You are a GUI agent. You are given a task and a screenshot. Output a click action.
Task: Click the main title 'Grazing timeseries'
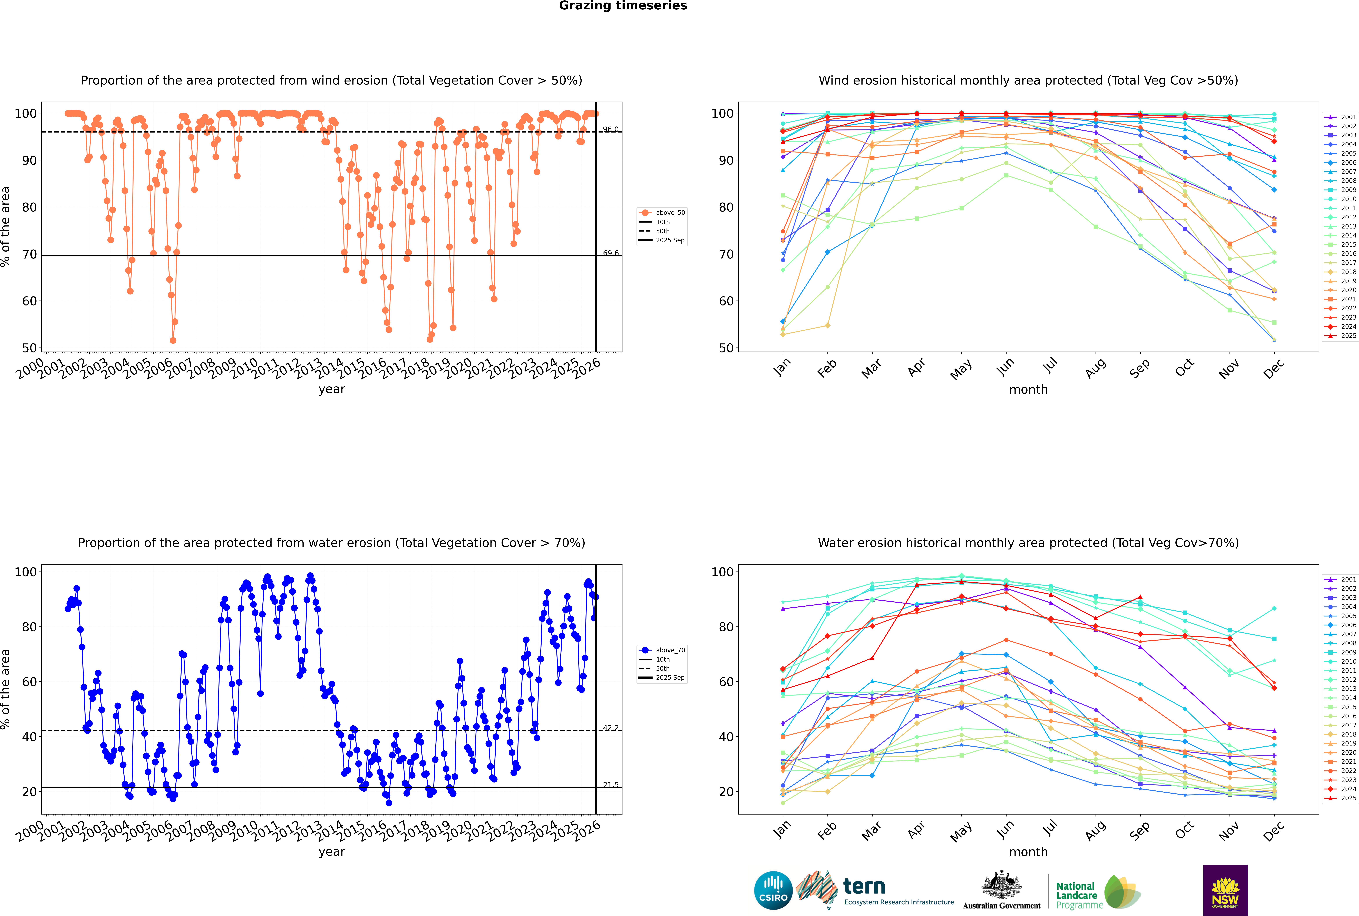pos(623,6)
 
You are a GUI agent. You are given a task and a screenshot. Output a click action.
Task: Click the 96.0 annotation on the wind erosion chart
pos(611,129)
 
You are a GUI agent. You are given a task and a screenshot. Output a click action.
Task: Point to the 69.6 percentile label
pos(611,253)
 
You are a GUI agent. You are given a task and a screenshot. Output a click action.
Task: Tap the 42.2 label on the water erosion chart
pos(611,728)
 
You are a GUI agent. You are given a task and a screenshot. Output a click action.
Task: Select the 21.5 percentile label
pos(611,785)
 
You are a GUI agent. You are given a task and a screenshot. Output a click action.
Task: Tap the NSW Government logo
pos(1225,890)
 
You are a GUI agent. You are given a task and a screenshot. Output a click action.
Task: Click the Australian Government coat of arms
pos(1001,886)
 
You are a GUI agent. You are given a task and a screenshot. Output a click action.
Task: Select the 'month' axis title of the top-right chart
pos(1028,390)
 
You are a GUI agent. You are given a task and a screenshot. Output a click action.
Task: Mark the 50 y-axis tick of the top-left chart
pos(29,348)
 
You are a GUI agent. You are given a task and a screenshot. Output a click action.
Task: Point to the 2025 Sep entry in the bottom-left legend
pos(670,678)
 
